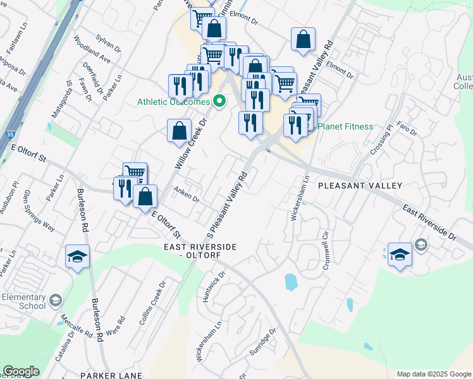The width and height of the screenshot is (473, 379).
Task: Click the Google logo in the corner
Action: coord(21,371)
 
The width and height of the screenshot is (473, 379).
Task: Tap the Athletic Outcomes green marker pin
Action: coord(220,100)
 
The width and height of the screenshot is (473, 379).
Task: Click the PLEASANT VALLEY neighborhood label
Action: coord(360,186)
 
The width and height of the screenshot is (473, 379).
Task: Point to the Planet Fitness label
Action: coord(345,126)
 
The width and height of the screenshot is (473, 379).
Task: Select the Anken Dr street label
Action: coord(186,196)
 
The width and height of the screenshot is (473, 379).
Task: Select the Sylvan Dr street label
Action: coord(109,43)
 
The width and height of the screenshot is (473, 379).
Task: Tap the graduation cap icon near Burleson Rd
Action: coord(78,256)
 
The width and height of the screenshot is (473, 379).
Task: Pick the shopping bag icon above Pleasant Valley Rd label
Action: coord(304,39)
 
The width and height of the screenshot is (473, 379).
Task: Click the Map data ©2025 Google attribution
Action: coord(433,374)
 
